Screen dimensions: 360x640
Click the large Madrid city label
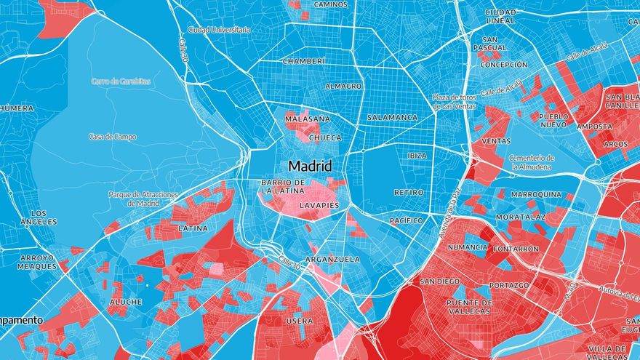click(309, 165)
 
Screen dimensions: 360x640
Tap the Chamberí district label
click(303, 61)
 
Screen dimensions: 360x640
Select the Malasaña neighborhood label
click(307, 119)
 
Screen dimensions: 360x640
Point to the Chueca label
click(325, 137)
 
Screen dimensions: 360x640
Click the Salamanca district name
click(392, 117)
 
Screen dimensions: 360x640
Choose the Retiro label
click(408, 193)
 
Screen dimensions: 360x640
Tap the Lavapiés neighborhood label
click(319, 206)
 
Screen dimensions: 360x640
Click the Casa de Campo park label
click(113, 137)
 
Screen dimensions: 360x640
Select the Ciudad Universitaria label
click(219, 30)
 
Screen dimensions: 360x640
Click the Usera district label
click(300, 321)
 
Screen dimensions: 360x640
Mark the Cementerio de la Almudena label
click(532, 162)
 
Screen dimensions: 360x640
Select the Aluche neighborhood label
click(126, 301)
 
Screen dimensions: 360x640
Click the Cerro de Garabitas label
click(121, 81)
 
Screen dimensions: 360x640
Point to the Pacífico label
click(406, 220)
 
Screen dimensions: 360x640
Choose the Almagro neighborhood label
click(343, 86)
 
